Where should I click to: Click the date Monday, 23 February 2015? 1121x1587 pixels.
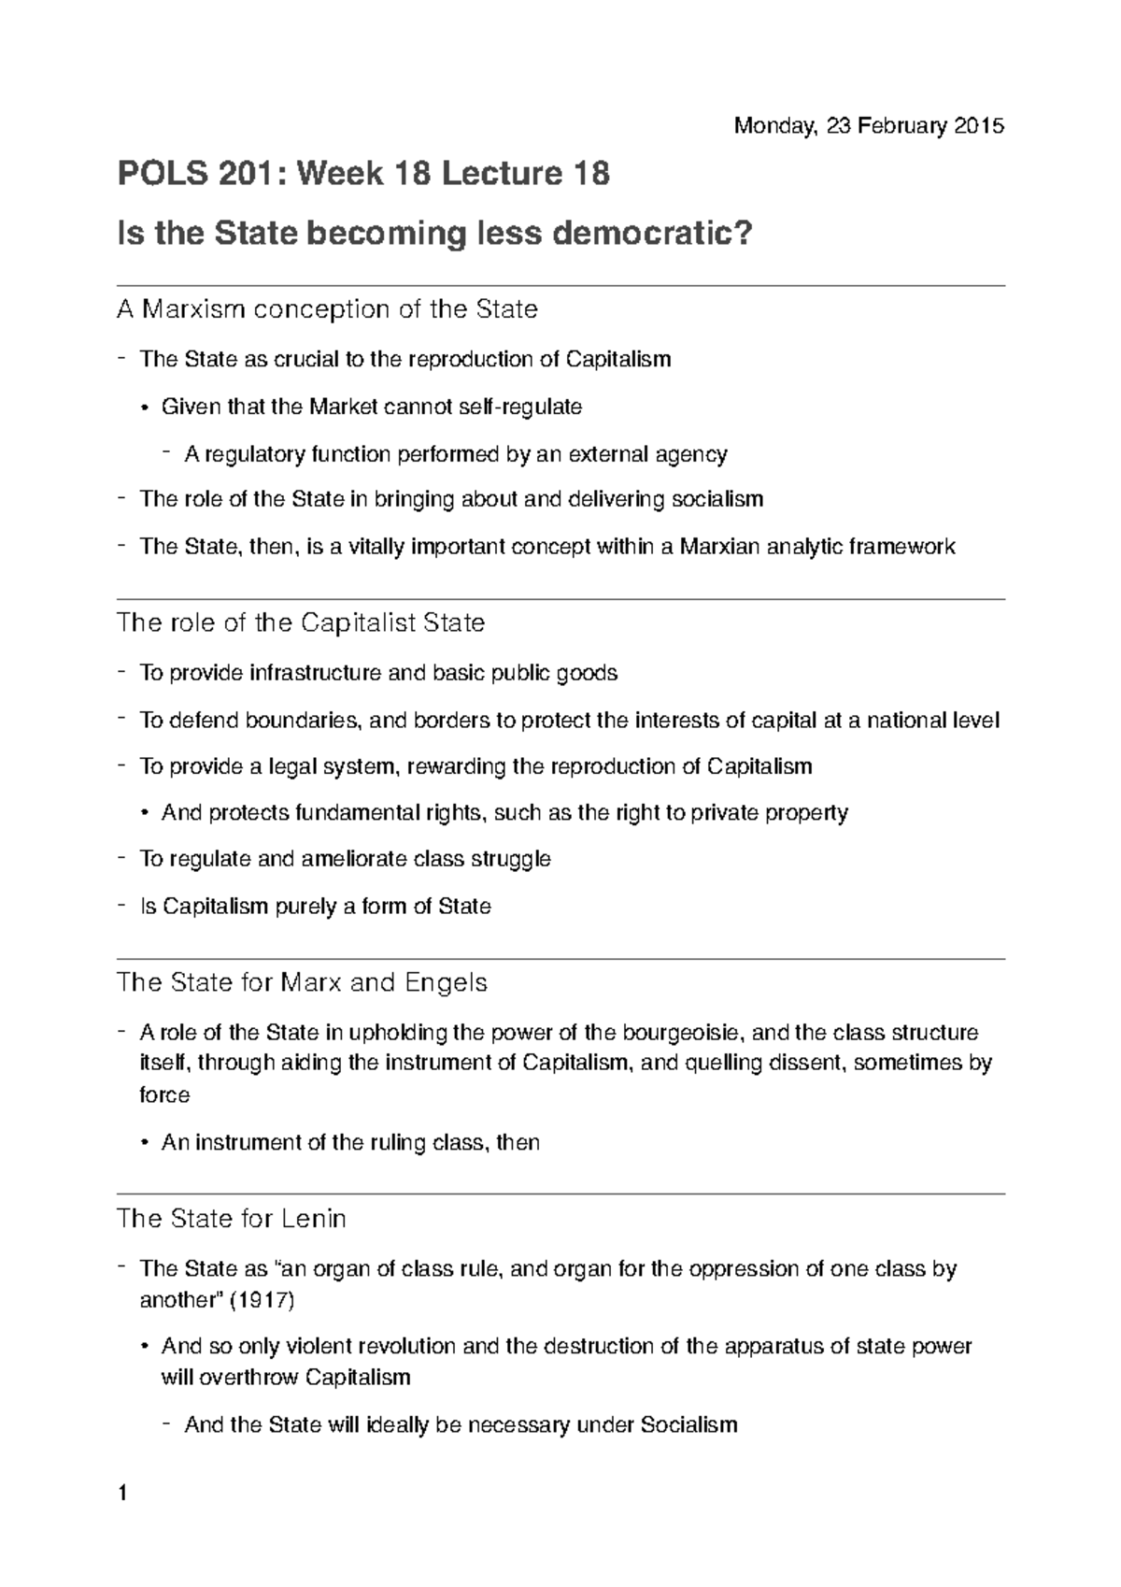868,126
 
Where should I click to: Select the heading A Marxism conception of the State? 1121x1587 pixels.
327,309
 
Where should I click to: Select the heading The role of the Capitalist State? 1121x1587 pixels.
301,623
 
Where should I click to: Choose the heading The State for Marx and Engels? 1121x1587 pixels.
302,983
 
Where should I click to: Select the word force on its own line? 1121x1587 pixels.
164,1095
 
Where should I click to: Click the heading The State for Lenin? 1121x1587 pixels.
231,1219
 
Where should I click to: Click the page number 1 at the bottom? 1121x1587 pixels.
122,1494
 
